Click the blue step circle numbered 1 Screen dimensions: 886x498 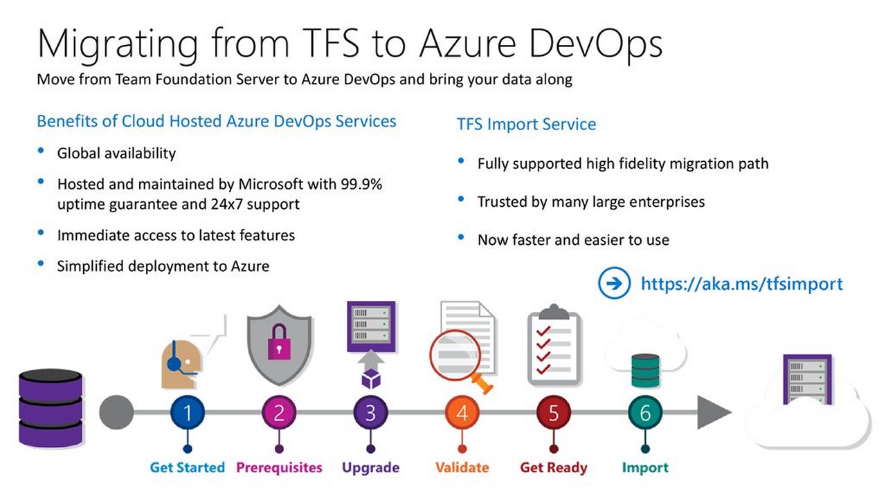tap(188, 413)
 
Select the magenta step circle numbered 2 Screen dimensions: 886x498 tap(279, 413)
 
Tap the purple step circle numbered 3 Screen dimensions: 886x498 tap(370, 413)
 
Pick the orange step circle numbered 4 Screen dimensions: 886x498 tap(462, 413)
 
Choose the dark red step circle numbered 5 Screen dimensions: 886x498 tap(554, 413)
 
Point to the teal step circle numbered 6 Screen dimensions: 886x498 tap(645, 413)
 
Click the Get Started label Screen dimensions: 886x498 tap(188, 468)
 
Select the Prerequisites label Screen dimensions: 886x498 tap(279, 468)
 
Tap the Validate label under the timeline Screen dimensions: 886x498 tap(462, 468)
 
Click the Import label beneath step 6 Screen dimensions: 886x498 tap(645, 468)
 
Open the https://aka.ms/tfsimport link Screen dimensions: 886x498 tap(741, 284)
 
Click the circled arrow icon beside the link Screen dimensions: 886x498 tap(614, 283)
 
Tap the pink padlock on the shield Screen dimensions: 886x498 tap(279, 342)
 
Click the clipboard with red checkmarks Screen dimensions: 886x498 tap(554, 344)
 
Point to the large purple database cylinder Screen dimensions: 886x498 tap(51, 408)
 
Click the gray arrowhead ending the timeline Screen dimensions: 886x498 tap(714, 412)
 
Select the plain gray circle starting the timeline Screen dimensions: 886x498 tap(116, 413)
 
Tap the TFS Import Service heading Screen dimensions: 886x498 tap(527, 124)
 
